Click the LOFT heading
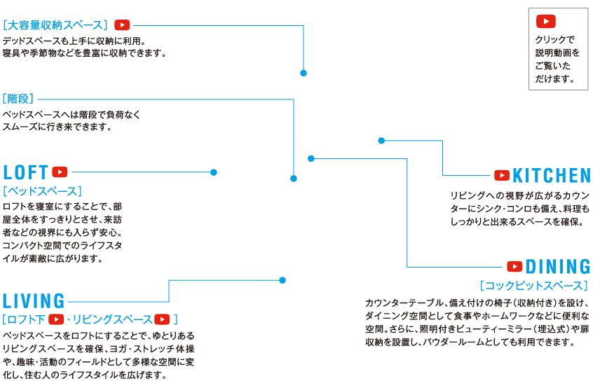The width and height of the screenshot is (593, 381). (x=26, y=172)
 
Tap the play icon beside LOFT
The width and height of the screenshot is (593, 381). (x=60, y=172)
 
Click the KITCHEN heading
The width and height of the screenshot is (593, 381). (x=551, y=175)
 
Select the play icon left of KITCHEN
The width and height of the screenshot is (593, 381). (x=502, y=175)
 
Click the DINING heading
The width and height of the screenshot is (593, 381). (x=558, y=267)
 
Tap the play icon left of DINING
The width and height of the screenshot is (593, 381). (x=515, y=267)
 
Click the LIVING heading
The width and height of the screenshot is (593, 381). (x=34, y=301)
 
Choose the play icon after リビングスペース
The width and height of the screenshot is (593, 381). (x=162, y=319)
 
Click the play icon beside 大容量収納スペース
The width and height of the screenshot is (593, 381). (x=122, y=25)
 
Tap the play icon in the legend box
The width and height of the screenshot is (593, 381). (x=546, y=21)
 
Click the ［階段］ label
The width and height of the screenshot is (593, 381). (x=18, y=99)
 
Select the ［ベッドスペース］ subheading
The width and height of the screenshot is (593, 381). (x=42, y=191)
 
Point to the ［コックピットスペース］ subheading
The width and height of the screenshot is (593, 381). (x=534, y=286)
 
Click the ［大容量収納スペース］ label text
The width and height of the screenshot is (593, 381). (x=56, y=25)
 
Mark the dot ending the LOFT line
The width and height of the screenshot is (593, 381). (x=214, y=172)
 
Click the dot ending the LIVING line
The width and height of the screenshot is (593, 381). (x=282, y=280)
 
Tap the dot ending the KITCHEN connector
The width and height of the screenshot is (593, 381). (x=381, y=141)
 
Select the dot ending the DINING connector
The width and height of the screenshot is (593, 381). (x=311, y=158)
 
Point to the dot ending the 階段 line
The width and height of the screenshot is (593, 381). (x=293, y=179)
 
